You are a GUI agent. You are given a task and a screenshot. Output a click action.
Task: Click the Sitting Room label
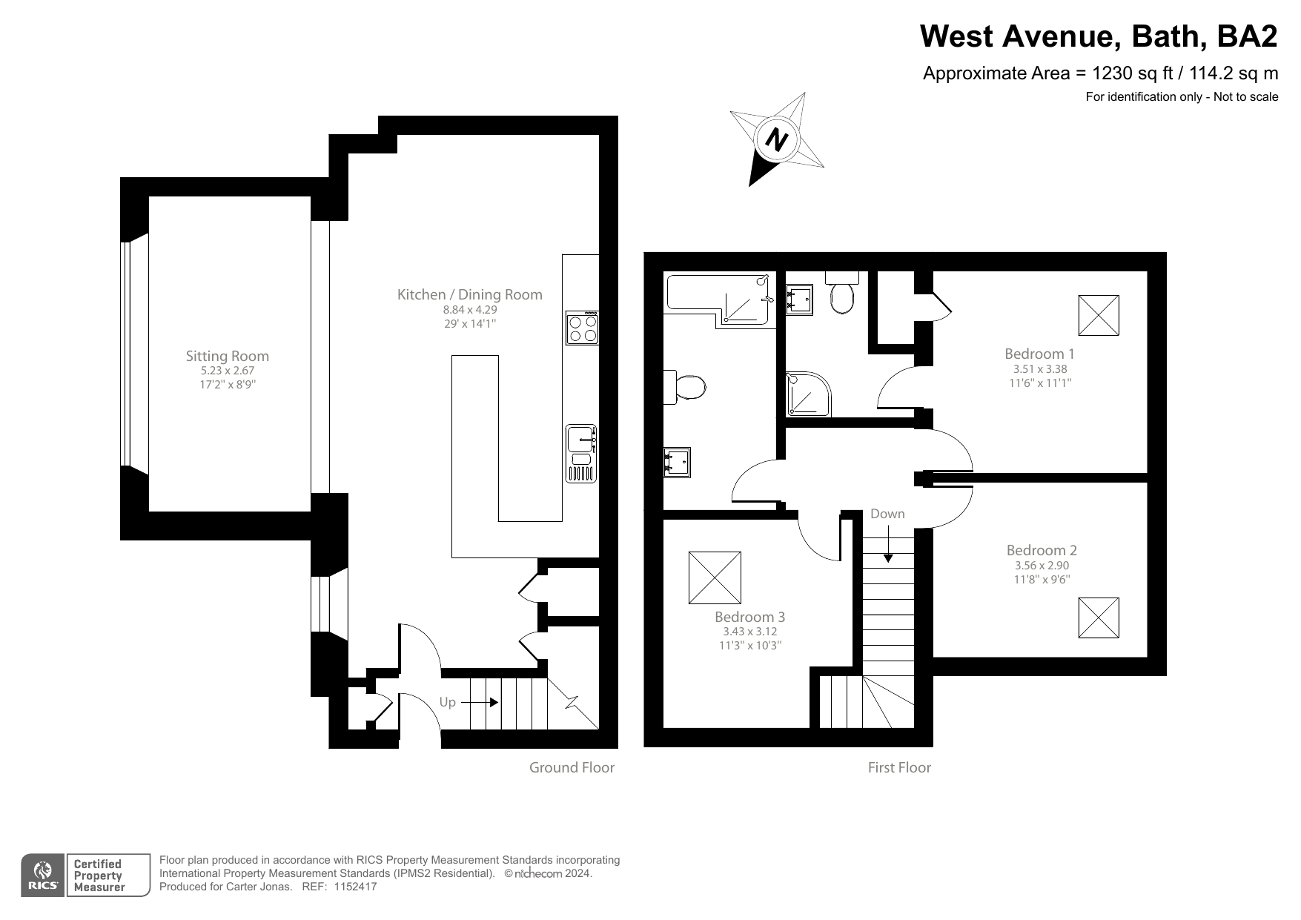pos(227,356)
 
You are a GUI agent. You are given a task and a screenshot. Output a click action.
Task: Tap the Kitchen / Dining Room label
pos(469,294)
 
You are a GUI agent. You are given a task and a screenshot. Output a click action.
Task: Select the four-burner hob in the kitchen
pos(582,328)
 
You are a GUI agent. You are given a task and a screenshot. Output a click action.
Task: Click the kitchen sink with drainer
pos(581,453)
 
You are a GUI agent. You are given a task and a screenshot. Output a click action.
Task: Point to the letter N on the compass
pos(776,139)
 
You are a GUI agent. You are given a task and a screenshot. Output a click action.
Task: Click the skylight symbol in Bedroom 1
pos(1098,315)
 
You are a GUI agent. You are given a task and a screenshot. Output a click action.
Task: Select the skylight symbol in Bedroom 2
pos(1098,618)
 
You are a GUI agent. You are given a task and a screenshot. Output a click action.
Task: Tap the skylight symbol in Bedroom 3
pos(715,578)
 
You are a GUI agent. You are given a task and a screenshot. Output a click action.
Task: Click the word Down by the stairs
pos(887,514)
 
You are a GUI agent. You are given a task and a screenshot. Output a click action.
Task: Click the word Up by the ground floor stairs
pos(447,702)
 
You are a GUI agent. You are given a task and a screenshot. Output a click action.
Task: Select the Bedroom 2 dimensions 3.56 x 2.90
pos(1042,565)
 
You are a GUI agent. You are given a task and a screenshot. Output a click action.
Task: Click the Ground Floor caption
pos(572,767)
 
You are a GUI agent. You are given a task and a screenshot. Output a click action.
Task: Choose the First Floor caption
pos(898,767)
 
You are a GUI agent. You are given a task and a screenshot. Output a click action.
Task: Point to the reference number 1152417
pos(355,887)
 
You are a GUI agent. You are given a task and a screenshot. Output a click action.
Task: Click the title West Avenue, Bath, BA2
pos(1099,36)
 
